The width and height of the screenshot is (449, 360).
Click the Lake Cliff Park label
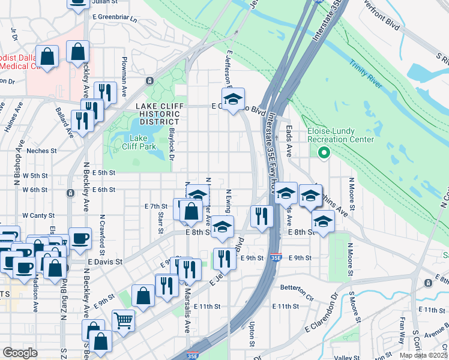coord(131,142)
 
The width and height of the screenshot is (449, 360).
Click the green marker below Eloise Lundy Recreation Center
coord(325,153)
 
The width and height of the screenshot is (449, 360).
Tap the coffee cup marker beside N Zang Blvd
coord(80,238)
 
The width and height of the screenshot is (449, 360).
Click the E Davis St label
coord(105,262)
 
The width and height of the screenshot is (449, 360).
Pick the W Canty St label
coord(38,215)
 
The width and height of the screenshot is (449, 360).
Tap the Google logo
coord(19,353)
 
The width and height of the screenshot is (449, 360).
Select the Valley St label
coord(346,356)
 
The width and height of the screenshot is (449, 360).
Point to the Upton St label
coord(252,334)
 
